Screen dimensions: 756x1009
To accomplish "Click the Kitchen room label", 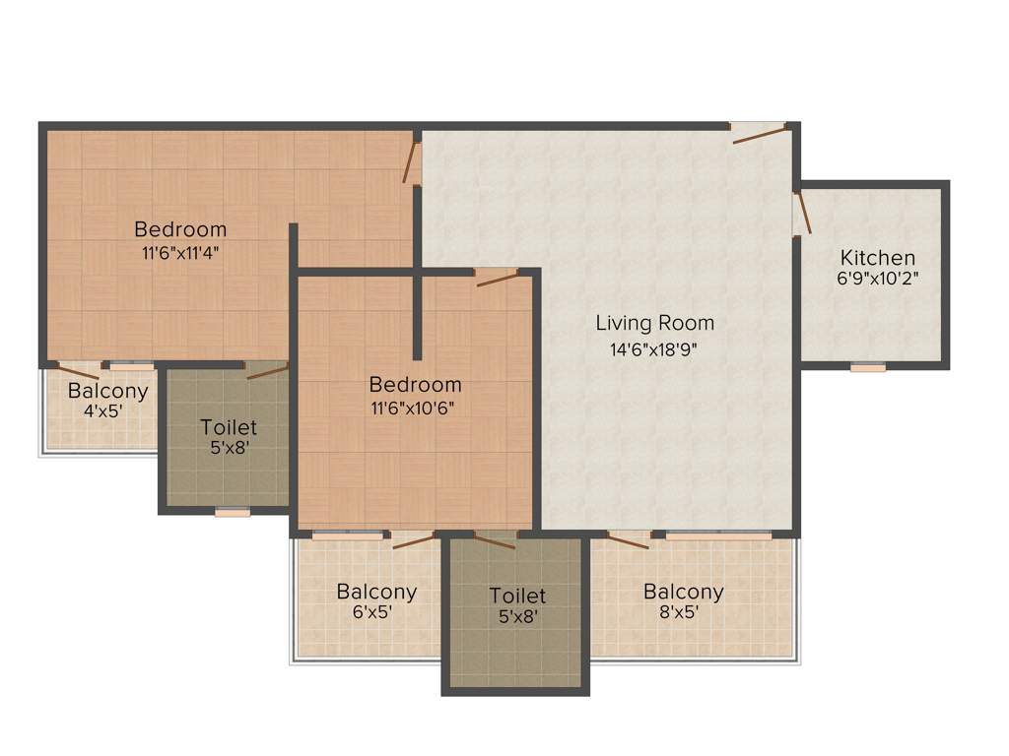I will click(x=876, y=258).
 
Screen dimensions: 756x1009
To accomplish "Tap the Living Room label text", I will click(x=654, y=323).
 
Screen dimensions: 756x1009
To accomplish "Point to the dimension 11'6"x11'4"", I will click(x=180, y=251).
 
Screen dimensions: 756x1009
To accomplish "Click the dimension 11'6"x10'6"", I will click(x=415, y=405).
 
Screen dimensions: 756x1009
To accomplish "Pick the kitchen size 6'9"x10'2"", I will click(x=876, y=279).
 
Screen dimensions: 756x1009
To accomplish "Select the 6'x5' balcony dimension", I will click(x=375, y=613).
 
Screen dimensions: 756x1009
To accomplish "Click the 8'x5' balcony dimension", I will click(x=683, y=613).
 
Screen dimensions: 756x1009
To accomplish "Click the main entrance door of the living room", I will click(x=759, y=132).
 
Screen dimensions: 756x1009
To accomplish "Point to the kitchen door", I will click(x=802, y=212).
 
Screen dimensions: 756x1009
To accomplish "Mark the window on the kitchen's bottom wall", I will click(x=868, y=367).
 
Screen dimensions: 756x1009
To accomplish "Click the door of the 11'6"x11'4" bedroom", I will click(x=411, y=162).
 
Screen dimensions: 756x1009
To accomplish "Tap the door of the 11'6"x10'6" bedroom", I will click(x=497, y=277).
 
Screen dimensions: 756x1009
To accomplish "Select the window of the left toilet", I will click(x=233, y=511).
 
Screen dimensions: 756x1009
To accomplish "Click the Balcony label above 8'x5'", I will click(x=683, y=592).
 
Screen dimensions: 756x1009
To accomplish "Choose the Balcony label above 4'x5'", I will click(x=107, y=391).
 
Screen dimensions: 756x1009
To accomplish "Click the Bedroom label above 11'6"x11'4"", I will click(x=180, y=229).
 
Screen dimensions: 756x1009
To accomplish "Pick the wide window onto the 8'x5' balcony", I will click(x=717, y=535).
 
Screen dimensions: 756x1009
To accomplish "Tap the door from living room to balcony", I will click(x=628, y=538).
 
